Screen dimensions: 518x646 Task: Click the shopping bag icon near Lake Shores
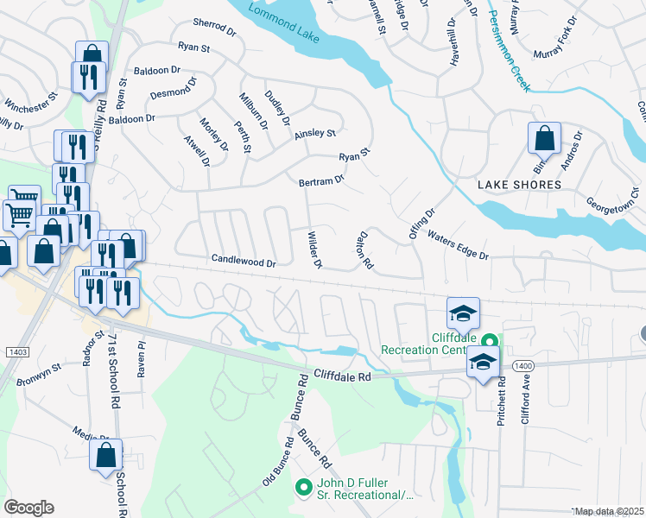click(544, 138)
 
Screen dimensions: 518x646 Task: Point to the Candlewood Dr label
click(244, 261)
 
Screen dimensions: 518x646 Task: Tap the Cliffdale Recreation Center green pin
click(490, 343)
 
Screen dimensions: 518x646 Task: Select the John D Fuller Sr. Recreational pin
click(303, 488)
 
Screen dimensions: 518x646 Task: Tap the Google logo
click(29, 507)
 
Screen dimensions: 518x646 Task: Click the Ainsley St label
click(314, 134)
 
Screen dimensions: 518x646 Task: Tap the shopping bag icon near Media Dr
click(106, 455)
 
